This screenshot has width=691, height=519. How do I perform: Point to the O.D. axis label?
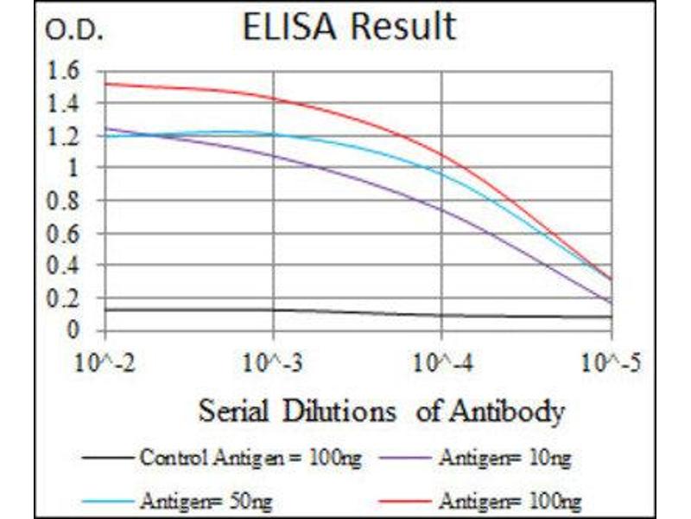(73, 33)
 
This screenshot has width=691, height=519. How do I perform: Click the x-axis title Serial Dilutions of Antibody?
(381, 409)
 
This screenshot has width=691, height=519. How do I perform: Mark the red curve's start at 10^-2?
(105, 84)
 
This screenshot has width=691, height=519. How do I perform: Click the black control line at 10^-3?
(273, 311)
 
